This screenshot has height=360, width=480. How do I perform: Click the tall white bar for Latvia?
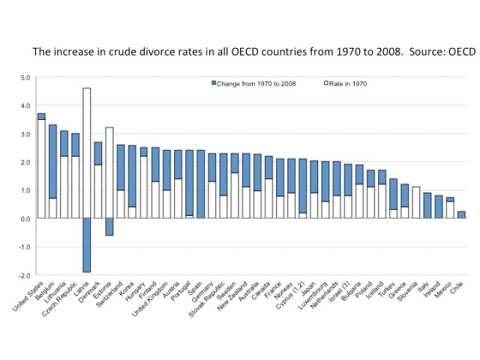point(86,153)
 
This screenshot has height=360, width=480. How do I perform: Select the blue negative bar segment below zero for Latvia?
point(86,244)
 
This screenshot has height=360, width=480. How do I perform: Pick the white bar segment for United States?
point(41,169)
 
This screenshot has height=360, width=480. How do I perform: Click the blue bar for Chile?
point(461,214)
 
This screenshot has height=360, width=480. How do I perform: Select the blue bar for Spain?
point(199,184)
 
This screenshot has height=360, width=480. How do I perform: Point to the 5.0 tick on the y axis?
point(25,77)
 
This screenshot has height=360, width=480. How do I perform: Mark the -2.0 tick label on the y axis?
point(24,275)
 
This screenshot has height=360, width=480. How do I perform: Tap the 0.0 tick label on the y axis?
point(25,218)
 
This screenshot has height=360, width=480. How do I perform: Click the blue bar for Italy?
point(427,205)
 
